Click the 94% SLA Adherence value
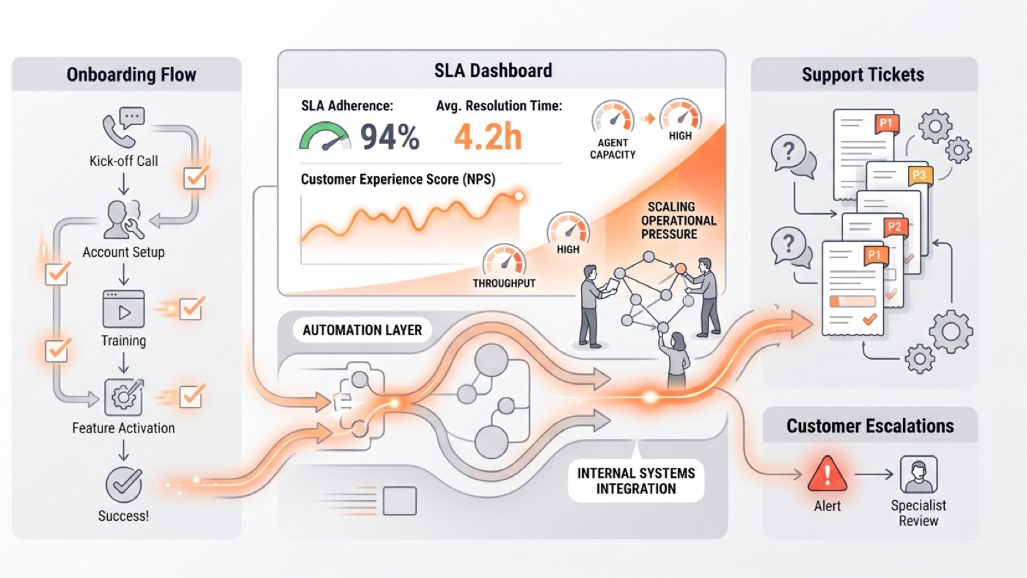[390, 137]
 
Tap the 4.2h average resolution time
[488, 137]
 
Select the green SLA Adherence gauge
[324, 136]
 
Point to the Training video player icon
[124, 309]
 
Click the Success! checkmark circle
[124, 484]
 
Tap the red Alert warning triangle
[827, 474]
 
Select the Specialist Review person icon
[918, 474]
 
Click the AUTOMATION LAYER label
[362, 330]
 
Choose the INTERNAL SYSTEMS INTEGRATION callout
[636, 480]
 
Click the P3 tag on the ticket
[920, 176]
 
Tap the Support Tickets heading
[863, 75]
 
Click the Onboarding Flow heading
[131, 75]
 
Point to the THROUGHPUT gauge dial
[504, 260]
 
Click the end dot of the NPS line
[519, 197]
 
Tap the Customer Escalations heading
[870, 426]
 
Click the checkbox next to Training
[191, 308]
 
